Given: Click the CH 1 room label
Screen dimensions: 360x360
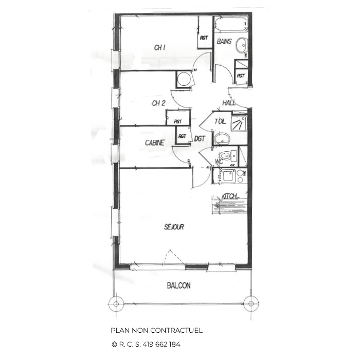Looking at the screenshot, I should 160,48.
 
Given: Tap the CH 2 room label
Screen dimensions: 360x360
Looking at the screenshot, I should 158,103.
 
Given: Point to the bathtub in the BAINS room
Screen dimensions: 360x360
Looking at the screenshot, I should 231,24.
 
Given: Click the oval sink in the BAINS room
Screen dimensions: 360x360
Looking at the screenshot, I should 242,46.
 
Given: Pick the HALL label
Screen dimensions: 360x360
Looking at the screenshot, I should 229,103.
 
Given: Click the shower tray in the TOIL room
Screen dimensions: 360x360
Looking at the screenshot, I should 238,124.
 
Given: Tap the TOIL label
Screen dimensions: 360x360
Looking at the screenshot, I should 220,122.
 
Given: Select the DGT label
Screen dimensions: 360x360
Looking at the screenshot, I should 200,139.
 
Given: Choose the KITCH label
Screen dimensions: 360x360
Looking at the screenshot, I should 230,196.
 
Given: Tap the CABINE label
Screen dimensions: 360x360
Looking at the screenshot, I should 155,142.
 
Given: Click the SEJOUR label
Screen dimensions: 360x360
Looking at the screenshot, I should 174,227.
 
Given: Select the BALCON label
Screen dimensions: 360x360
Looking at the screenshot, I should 178,285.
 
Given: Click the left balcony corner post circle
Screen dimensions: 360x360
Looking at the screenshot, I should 116,303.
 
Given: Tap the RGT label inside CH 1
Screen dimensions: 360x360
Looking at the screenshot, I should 204,37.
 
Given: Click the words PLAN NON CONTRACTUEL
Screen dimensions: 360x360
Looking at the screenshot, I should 156,331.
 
